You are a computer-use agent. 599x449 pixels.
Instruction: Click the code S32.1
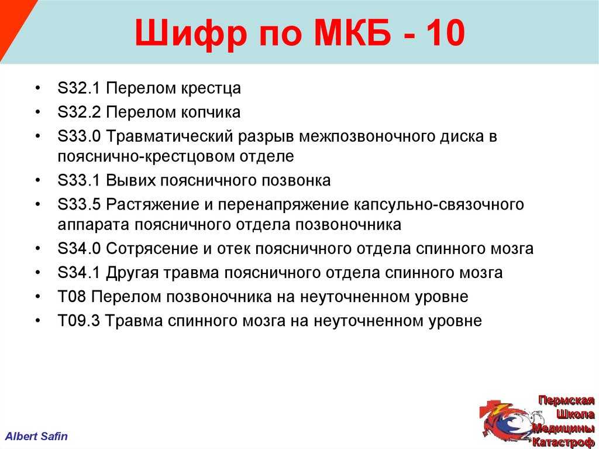[x=79, y=88]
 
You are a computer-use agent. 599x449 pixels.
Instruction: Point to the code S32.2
[x=79, y=112]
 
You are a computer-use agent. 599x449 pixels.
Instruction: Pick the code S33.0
[x=79, y=136]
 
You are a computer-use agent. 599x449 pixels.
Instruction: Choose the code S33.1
[x=79, y=180]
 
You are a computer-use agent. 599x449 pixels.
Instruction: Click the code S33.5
[x=79, y=205]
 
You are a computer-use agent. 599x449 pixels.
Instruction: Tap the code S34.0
[x=79, y=249]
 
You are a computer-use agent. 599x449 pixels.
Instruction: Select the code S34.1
[x=79, y=273]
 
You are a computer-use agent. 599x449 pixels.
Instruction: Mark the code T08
[x=71, y=297]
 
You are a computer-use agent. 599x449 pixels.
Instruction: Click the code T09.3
[x=79, y=321]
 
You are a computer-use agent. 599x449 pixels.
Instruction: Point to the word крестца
[x=211, y=89]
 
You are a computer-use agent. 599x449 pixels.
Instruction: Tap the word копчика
[x=211, y=112]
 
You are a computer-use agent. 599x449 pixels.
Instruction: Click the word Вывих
[x=130, y=180]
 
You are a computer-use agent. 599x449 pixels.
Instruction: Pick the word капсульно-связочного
[x=439, y=205]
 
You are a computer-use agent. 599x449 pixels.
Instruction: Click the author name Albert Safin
[x=37, y=436]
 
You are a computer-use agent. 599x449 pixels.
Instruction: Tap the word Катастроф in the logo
[x=563, y=442]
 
